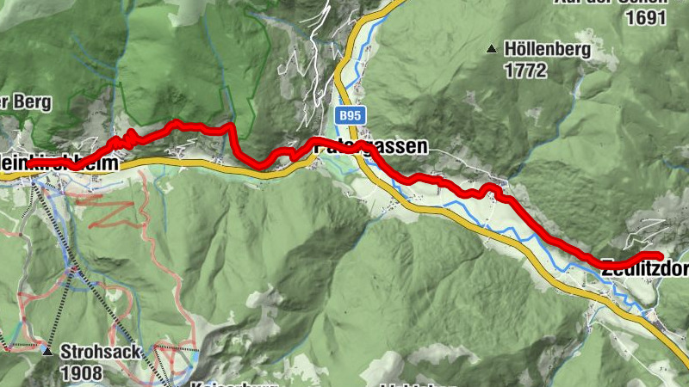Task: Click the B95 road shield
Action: point(349,114)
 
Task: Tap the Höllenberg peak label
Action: point(549,50)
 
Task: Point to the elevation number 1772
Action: point(526,71)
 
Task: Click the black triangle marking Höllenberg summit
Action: point(492,48)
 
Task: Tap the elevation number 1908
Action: point(81,372)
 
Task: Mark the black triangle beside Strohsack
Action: point(47,351)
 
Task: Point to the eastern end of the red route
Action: point(659,255)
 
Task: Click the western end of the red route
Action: point(29,163)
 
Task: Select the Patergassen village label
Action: point(370,147)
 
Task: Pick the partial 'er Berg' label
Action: point(26,101)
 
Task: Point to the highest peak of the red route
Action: point(177,122)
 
